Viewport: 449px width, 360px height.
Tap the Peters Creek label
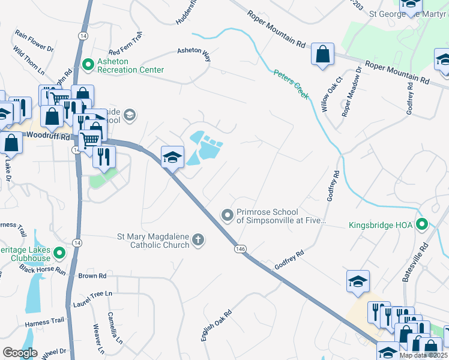point(291,84)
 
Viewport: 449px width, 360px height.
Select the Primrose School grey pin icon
point(228,215)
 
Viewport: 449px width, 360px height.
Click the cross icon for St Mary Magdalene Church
point(198,241)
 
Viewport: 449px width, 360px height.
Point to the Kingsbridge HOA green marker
point(422,226)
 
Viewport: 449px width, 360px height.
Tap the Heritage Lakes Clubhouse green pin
point(59,253)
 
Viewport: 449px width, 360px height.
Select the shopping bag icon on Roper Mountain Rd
point(322,54)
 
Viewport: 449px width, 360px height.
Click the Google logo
point(20,353)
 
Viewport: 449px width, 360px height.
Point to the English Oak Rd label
point(217,326)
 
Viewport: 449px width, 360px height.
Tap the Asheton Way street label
point(194,55)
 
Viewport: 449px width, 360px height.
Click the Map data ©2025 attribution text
point(423,355)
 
